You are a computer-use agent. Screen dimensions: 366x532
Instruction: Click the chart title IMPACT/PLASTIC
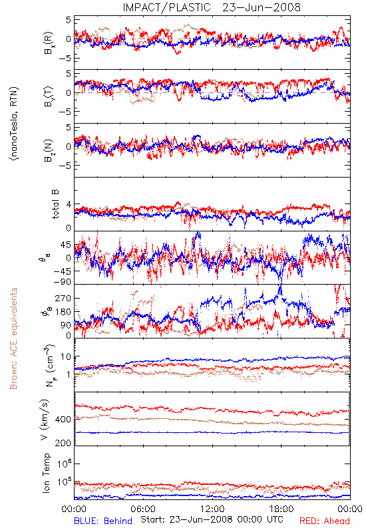point(166,7)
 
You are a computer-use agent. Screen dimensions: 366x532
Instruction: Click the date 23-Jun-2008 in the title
point(262,7)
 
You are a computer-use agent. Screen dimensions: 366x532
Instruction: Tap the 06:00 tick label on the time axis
point(143,509)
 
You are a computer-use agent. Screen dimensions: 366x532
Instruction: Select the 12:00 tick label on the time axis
point(212,509)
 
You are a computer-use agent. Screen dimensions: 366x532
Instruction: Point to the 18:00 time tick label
point(281,509)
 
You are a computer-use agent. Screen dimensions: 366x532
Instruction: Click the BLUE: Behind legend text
point(103,521)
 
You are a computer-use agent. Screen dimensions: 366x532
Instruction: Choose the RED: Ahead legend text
point(325,521)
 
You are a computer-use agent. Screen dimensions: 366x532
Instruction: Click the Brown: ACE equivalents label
point(13,338)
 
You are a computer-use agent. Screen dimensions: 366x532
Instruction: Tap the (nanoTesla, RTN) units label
point(14,124)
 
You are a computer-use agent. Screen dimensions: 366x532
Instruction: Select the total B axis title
point(55,203)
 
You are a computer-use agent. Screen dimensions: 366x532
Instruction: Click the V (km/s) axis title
point(45,420)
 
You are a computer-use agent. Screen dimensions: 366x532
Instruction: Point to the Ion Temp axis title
point(46,473)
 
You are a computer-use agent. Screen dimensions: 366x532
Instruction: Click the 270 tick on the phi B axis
point(63,298)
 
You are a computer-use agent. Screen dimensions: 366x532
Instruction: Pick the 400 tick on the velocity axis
point(63,420)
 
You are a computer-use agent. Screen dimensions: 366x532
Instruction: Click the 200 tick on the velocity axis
point(63,443)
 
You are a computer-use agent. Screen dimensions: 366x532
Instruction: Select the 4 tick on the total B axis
point(69,204)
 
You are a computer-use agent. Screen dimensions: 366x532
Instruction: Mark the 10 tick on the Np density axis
point(66,356)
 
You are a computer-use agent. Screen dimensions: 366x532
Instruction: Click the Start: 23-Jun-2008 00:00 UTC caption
point(212,519)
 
